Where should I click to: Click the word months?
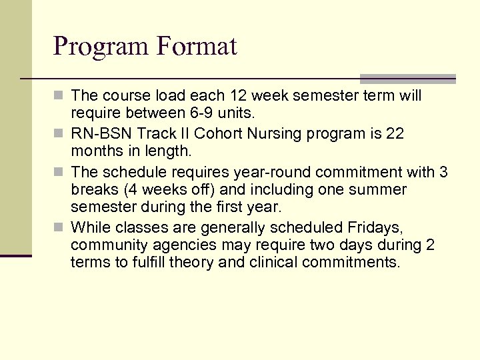[95, 153]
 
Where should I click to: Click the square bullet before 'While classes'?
[61, 228]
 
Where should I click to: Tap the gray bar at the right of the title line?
[407, 78]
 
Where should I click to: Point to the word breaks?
[93, 190]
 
